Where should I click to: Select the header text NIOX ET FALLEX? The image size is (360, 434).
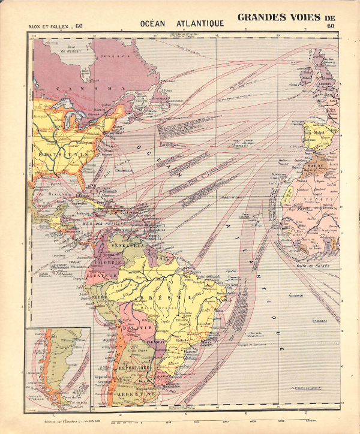pyautogui.click(x=50, y=26)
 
